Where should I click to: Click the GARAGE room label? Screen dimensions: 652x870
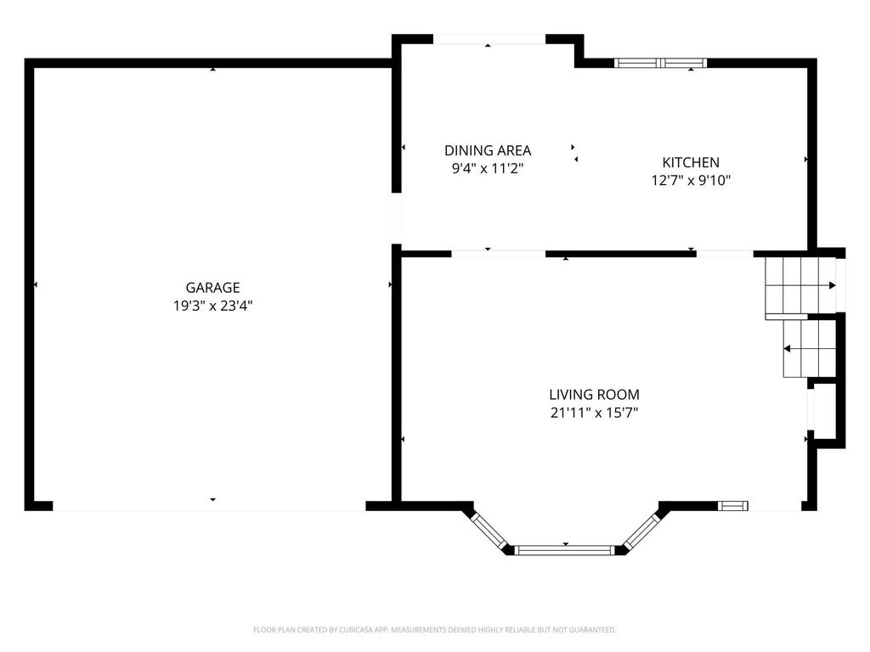click(x=212, y=288)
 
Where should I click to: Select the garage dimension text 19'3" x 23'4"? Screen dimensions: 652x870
click(x=212, y=306)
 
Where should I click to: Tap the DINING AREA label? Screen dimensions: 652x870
click(x=488, y=150)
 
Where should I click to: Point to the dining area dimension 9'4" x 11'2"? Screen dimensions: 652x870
click(x=488, y=168)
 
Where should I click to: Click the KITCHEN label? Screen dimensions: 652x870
click(x=691, y=162)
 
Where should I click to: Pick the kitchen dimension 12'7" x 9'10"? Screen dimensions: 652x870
click(x=691, y=180)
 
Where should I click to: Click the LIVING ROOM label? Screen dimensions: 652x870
click(x=594, y=395)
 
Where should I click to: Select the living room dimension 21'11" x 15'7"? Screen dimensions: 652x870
click(x=594, y=413)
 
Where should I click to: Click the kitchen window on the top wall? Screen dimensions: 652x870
click(x=661, y=62)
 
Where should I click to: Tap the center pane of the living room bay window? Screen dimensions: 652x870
click(x=565, y=550)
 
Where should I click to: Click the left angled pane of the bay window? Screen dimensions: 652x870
click(x=490, y=531)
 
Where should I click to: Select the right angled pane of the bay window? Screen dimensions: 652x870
click(x=641, y=531)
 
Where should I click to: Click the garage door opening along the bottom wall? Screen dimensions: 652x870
click(x=209, y=506)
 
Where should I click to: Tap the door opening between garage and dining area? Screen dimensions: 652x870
click(x=396, y=220)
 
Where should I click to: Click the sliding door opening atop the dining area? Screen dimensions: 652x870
click(x=489, y=39)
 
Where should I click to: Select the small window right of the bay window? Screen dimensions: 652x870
click(x=733, y=506)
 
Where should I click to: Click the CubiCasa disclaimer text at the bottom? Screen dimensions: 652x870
click(x=435, y=630)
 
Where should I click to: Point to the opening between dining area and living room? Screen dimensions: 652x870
click(x=498, y=253)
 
